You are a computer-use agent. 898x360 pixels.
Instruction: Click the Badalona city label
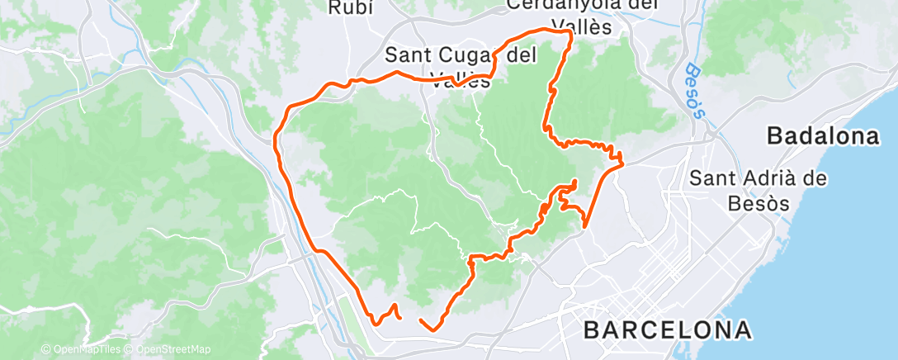823,136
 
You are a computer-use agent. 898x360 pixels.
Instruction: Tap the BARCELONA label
668,330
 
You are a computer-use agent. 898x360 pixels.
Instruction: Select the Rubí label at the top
352,8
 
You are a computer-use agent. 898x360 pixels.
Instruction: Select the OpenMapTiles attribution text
83,350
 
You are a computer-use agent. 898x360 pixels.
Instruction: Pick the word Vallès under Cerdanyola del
583,26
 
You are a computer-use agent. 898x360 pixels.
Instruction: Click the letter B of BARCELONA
592,330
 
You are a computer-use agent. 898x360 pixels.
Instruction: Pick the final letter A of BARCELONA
742,330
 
